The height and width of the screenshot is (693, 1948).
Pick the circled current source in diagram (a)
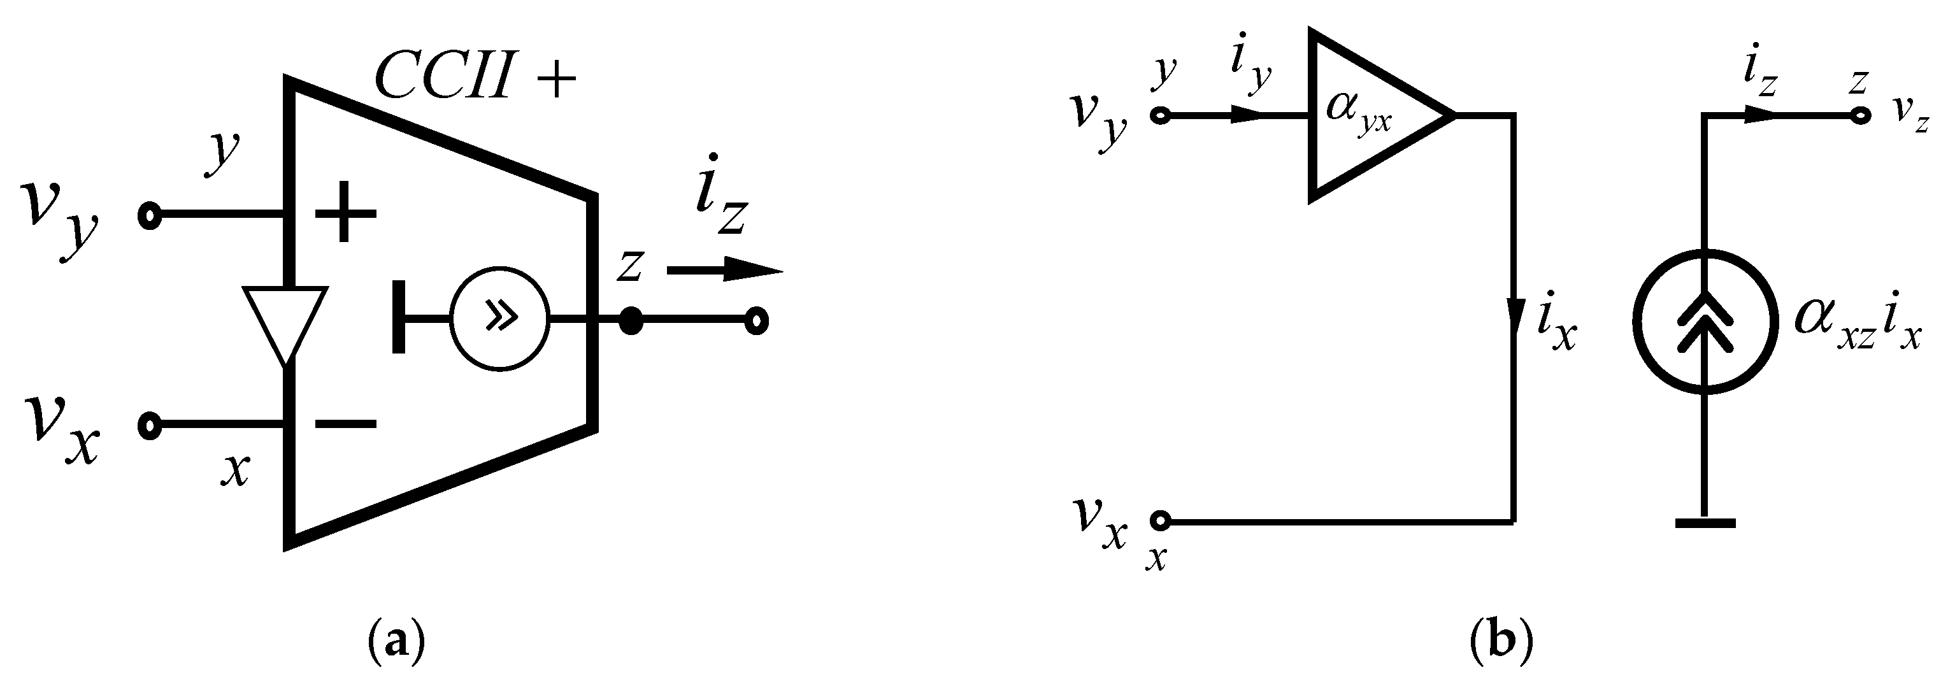(500, 320)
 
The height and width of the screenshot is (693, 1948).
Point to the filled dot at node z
(630, 321)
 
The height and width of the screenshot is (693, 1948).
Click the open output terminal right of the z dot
(756, 321)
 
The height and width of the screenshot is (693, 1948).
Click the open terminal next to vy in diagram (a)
(150, 216)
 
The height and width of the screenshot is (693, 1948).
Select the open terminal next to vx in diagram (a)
(150, 425)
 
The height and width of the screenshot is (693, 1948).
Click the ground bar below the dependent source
(1705, 522)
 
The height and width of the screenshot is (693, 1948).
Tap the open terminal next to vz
(1860, 117)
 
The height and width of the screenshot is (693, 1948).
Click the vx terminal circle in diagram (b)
(1160, 520)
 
